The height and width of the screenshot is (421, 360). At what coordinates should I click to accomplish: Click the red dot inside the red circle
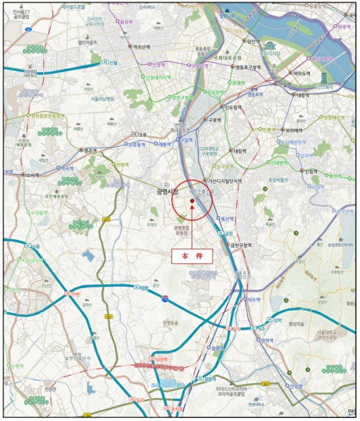[192, 201]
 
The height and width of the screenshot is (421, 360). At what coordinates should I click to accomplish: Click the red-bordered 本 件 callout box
[192, 256]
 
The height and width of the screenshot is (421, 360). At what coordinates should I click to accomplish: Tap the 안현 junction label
[75, 294]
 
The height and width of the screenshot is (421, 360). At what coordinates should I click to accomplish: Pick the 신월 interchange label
[112, 62]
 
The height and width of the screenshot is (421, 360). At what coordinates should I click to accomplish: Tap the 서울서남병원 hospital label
[106, 99]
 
